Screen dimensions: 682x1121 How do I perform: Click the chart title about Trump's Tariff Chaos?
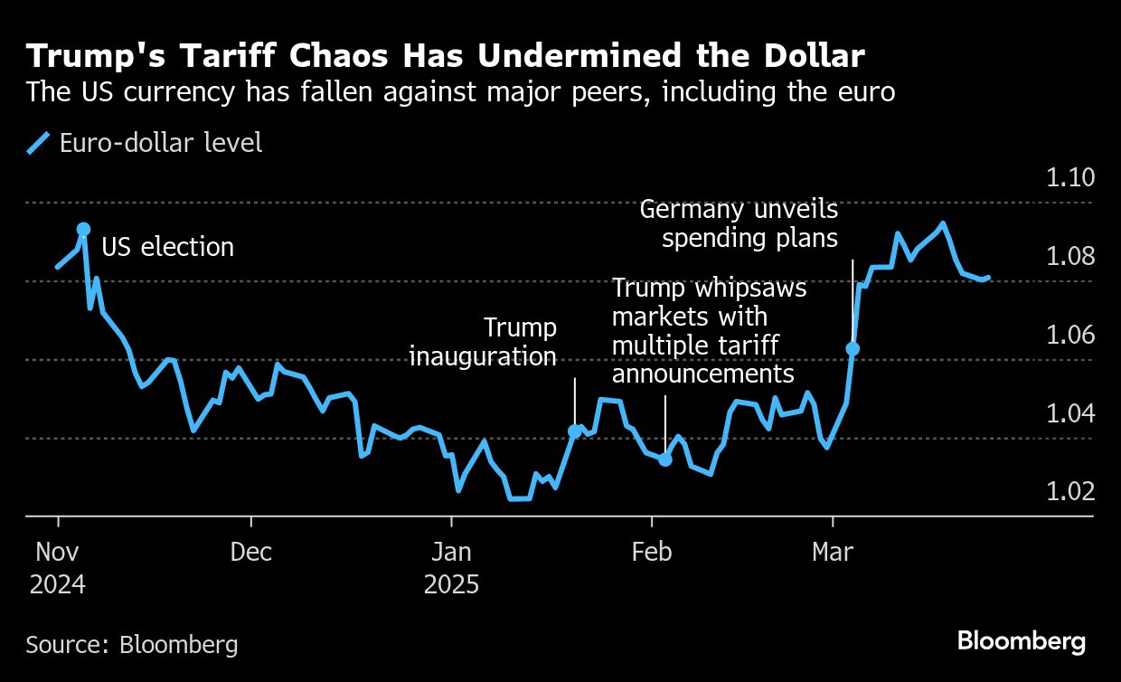(446, 56)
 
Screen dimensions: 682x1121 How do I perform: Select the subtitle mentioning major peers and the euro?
(461, 92)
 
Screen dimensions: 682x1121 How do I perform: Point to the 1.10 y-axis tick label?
(1069, 177)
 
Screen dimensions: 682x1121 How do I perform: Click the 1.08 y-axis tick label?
(1069, 256)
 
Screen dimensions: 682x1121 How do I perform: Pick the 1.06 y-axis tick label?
(1069, 335)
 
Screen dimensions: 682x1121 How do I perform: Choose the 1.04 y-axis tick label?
(1069, 413)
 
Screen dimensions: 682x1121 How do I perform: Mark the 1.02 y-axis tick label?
(1069, 491)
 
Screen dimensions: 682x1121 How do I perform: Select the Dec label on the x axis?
(250, 552)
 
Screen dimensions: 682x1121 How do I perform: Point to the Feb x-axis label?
(651, 552)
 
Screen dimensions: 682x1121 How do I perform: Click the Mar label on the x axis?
(832, 552)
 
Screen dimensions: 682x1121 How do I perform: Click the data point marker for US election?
(83, 230)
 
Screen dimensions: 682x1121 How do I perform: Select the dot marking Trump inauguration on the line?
(574, 431)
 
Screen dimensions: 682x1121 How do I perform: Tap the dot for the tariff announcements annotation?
(665, 459)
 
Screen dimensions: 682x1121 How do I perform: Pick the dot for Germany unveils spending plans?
(852, 348)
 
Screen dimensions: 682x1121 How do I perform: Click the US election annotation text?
(167, 247)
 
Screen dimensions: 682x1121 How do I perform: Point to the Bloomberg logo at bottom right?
(1022, 642)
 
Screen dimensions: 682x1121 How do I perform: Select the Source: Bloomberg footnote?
(132, 645)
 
